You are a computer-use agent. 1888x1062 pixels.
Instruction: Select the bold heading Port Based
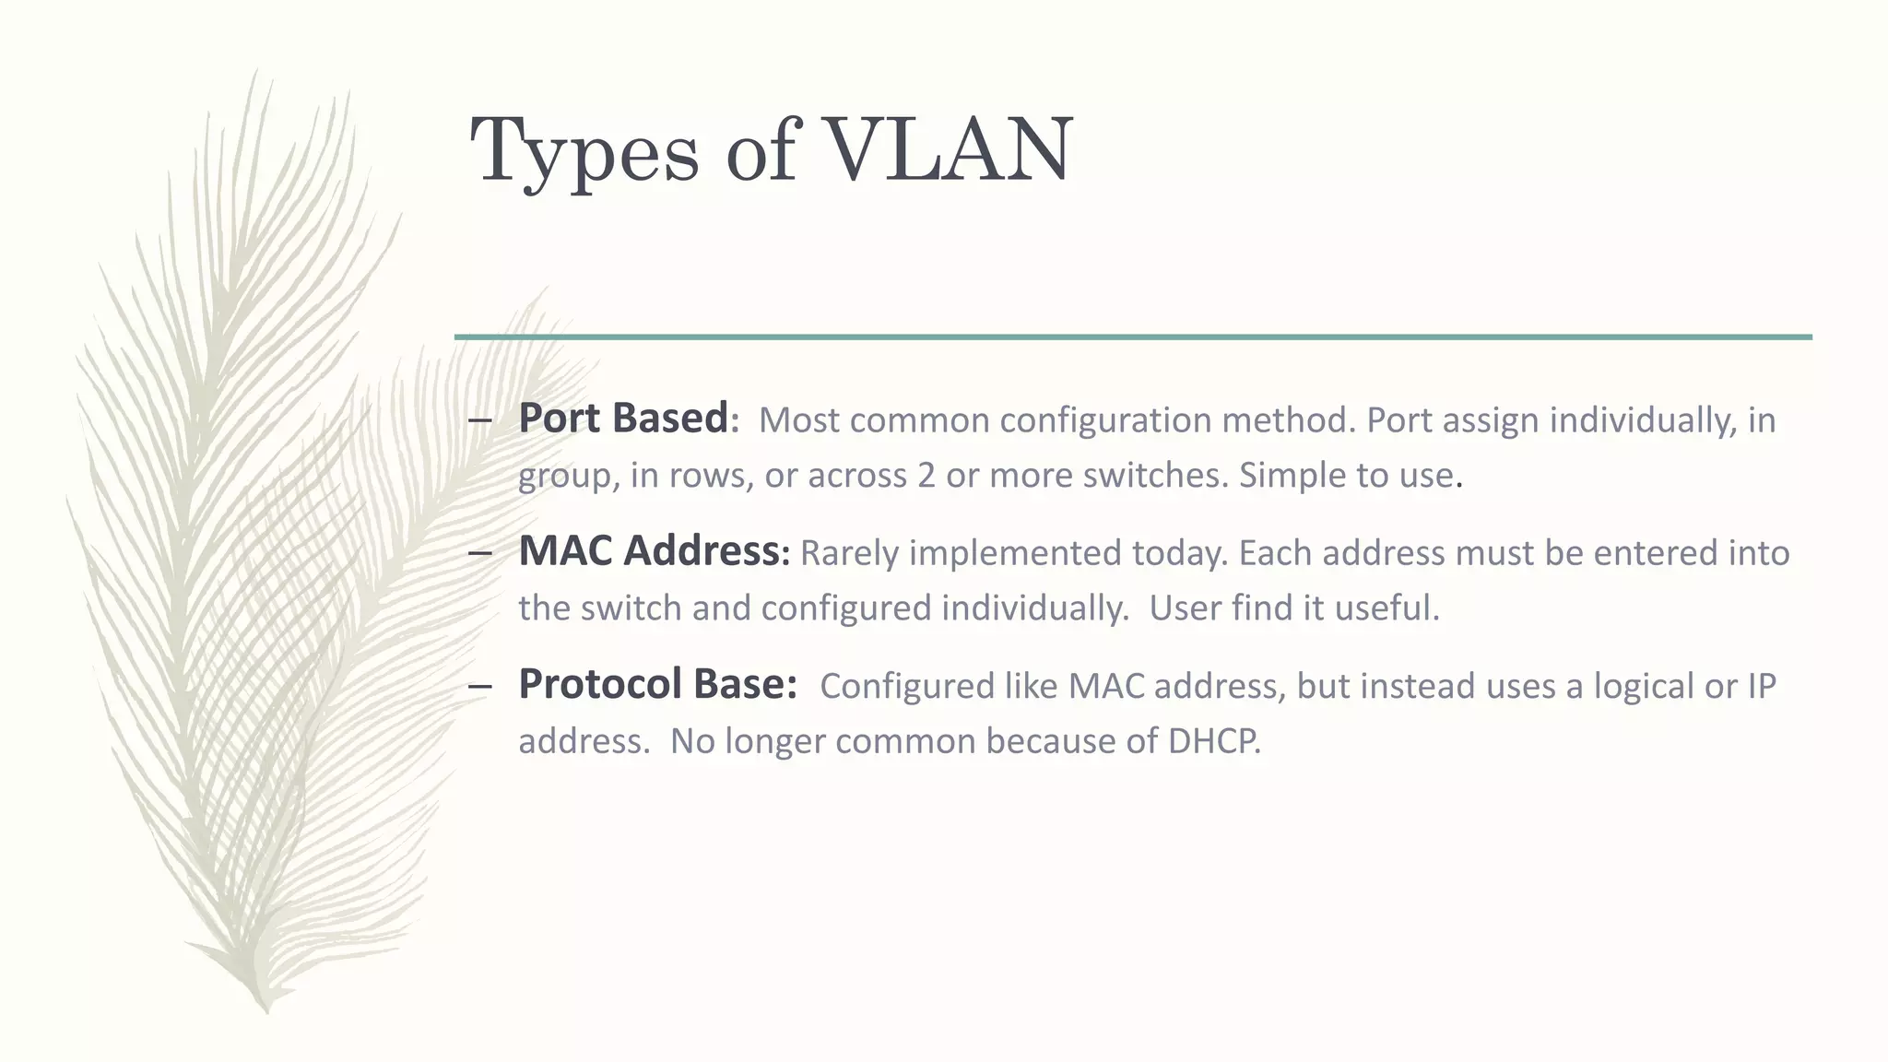(x=623, y=419)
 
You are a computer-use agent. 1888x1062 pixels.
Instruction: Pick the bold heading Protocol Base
(x=655, y=684)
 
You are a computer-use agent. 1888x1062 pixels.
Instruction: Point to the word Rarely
(x=848, y=553)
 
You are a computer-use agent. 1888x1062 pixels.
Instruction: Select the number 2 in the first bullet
(x=926, y=476)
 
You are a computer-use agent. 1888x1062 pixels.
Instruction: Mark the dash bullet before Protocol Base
(x=479, y=688)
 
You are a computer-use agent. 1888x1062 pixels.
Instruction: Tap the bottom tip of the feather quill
(x=267, y=1009)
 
